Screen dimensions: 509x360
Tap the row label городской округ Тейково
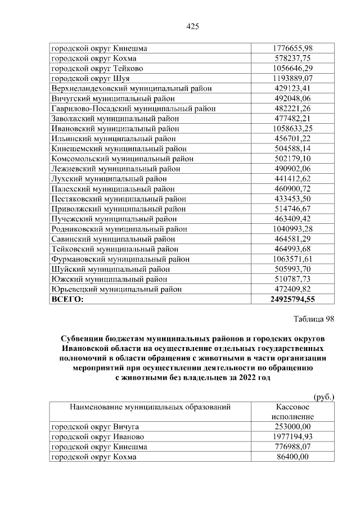(96, 68)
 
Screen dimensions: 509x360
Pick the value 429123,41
(292, 88)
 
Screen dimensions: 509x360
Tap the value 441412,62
(292, 179)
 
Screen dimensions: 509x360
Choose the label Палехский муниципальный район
(113, 188)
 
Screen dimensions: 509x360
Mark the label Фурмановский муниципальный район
(120, 259)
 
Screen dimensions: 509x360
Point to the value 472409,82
(292, 289)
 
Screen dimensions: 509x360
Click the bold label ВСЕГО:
(67, 299)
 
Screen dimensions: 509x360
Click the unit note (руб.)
(323, 397)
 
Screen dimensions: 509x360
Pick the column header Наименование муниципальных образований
(150, 407)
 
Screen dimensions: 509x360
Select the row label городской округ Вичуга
(94, 427)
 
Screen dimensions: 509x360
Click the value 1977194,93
(292, 437)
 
